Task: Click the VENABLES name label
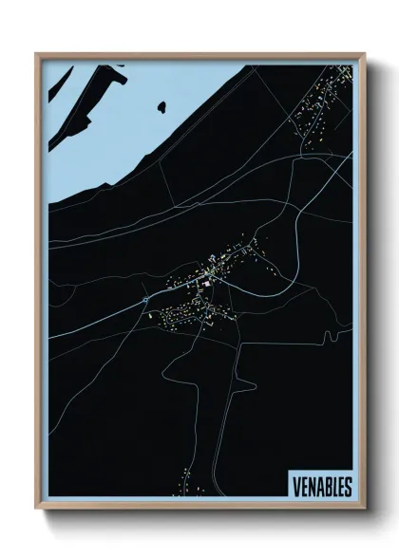click(319, 487)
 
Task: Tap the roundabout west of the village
click(144, 300)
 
